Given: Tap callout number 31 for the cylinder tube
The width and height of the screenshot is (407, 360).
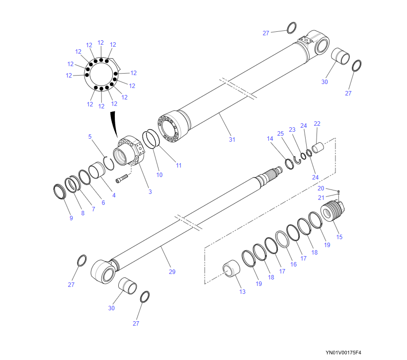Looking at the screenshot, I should [x=232, y=139].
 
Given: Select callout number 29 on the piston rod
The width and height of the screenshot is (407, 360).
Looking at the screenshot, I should [x=172, y=271].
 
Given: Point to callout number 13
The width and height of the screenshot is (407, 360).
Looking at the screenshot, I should [x=242, y=291].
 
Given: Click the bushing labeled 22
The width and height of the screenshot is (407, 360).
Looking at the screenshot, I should [x=318, y=147].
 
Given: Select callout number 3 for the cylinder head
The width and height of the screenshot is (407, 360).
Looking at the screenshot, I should [x=150, y=191].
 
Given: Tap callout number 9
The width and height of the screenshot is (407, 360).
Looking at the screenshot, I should [x=71, y=218].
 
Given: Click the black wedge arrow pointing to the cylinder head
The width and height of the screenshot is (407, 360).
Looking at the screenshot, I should [x=114, y=124].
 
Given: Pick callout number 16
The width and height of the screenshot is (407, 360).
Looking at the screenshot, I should [x=293, y=264].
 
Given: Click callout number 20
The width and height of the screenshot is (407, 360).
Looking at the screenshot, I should [x=321, y=188].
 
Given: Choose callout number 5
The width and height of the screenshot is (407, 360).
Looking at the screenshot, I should [x=90, y=136].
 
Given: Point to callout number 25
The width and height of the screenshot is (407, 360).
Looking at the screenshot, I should [x=280, y=133].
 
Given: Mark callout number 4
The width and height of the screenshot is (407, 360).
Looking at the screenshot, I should [x=114, y=195].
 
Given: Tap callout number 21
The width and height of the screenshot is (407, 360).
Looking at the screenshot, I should [x=321, y=198].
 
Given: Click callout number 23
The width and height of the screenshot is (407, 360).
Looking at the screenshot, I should [x=292, y=129].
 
